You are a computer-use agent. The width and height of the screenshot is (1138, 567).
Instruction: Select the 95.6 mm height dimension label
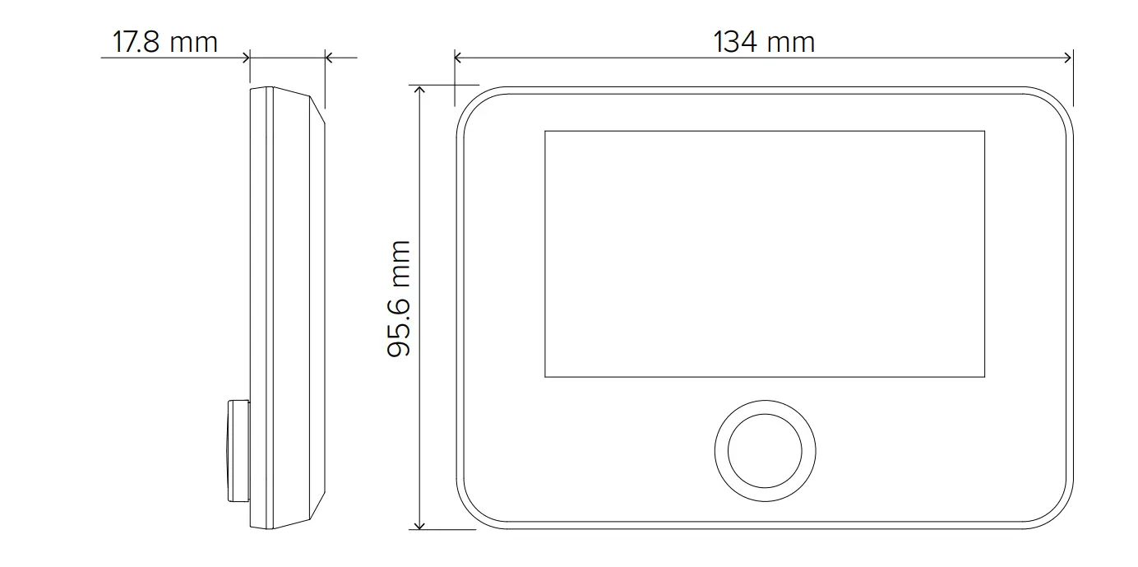coord(399,299)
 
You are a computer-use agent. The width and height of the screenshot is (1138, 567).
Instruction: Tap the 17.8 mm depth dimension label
coord(165,42)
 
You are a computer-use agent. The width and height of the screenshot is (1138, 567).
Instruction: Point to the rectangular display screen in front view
coord(765,253)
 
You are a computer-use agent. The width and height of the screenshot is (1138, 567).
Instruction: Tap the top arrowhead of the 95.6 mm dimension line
coord(420,90)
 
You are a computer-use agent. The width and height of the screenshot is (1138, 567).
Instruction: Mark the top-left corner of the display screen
coord(545,132)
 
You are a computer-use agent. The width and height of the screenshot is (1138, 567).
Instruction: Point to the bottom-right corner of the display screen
coord(984,377)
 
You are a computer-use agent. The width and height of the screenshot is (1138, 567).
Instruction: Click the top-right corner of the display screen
coord(984,132)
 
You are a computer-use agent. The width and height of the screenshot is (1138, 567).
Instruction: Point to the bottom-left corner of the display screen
coord(545,377)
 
